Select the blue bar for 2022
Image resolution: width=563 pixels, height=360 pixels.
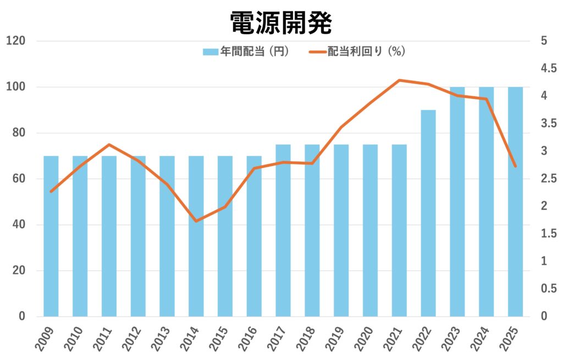point(428,213)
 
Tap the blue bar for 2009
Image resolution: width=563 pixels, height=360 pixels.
point(51,236)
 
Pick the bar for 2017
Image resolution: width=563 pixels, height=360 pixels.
point(283,231)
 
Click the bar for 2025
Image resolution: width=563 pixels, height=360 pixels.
point(515,202)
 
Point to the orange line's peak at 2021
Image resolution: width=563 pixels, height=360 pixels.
point(399,80)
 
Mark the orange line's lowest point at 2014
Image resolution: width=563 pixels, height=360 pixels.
point(196,221)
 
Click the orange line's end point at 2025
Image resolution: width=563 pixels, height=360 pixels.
point(515,166)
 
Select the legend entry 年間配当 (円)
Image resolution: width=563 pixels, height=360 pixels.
point(246,52)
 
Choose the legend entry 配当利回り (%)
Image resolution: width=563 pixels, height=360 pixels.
point(358,52)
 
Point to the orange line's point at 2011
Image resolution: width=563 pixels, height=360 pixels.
point(109,145)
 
